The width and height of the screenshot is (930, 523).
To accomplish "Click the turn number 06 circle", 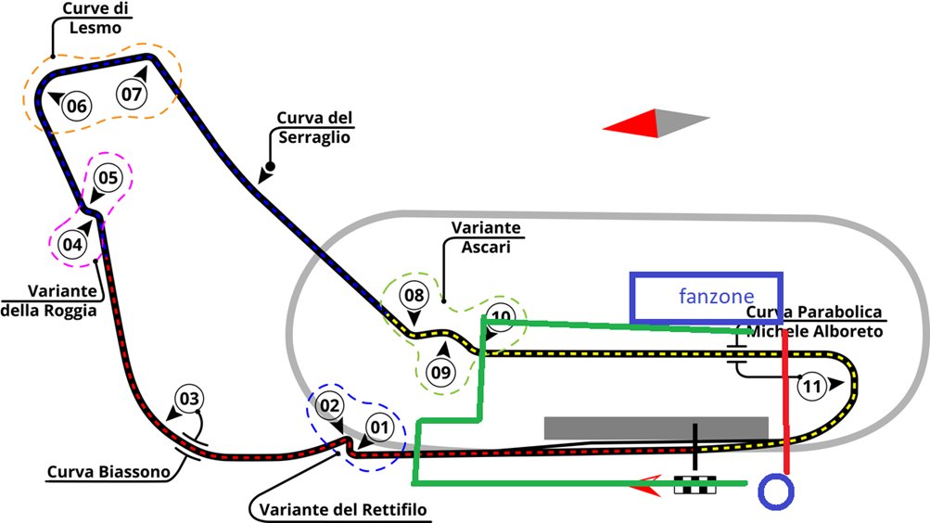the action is tap(77, 106).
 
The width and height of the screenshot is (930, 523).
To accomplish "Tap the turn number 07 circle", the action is tap(132, 95).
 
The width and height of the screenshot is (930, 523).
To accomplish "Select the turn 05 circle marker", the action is tap(108, 177).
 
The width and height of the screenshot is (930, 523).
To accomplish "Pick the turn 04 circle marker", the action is tap(72, 244).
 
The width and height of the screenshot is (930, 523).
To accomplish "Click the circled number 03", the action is tap(189, 399).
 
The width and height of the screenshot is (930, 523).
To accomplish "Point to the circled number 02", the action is tap(330, 405).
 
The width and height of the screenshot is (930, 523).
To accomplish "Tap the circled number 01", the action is tap(379, 427).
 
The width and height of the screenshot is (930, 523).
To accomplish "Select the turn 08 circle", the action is tap(414, 295).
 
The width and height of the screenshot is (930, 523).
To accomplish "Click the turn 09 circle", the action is tap(441, 373).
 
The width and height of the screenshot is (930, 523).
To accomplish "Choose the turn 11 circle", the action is tap(812, 387).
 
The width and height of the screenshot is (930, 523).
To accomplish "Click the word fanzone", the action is tap(717, 296).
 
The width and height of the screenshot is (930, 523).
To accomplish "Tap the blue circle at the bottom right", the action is tap(776, 491).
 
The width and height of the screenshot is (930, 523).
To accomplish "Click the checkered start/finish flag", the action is tap(695, 484).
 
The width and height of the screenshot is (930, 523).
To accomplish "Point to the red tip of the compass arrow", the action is tap(604, 127).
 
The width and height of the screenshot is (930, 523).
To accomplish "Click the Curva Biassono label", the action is tap(108, 472).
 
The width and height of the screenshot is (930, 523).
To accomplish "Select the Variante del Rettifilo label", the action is tap(343, 509).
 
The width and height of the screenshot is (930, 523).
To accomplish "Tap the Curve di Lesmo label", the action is tap(96, 19).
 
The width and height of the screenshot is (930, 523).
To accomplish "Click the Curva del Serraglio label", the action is tap(314, 127).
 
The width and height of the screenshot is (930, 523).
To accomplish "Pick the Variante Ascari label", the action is tap(486, 237).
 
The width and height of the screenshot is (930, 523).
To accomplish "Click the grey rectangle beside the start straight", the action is tap(656, 428).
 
